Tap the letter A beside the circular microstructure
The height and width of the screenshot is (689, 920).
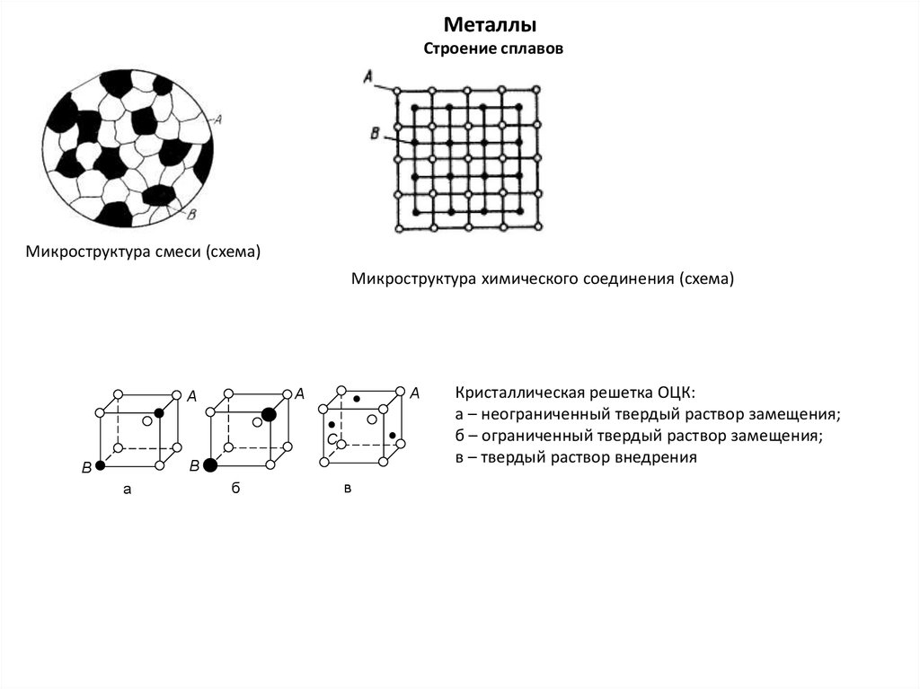219,118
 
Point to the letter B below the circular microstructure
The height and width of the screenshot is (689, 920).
190,213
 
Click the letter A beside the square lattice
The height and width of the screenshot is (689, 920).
368,79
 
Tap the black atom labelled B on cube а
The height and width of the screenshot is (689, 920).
100,466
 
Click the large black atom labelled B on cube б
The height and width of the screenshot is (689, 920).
210,465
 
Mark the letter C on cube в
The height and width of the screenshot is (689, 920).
332,438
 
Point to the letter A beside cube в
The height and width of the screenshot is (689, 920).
414,393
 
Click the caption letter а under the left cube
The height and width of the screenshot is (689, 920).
127,490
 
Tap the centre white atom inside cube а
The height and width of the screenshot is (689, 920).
146,420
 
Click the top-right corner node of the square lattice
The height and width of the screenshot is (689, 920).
537,89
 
